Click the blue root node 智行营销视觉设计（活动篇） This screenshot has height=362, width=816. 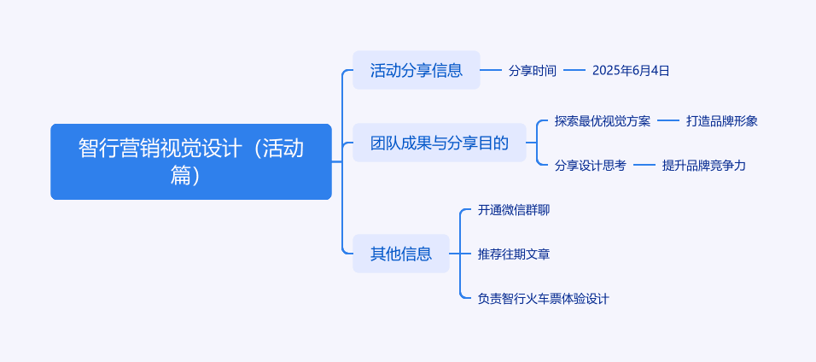[x=191, y=161]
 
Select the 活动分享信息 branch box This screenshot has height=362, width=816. [x=417, y=70]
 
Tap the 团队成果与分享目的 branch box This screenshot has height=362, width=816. [x=440, y=143]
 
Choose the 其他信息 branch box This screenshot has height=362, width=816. [x=400, y=254]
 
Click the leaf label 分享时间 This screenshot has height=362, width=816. [x=533, y=70]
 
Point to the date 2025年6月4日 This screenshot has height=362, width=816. [x=631, y=70]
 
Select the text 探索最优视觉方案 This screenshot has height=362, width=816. [x=603, y=121]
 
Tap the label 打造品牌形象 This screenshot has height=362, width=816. [x=722, y=121]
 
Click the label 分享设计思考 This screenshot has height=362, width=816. [x=590, y=166]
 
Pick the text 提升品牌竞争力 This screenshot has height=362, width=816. [x=703, y=166]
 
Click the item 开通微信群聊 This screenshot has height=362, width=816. [x=514, y=210]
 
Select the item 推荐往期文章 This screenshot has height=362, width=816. [x=514, y=254]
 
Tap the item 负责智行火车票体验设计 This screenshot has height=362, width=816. [x=544, y=299]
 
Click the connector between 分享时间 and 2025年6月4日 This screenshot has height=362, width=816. [x=574, y=70]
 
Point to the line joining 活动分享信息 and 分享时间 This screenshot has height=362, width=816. [x=491, y=70]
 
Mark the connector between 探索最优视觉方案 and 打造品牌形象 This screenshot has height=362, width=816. [x=668, y=121]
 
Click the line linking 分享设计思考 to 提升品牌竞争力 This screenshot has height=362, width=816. [x=644, y=166]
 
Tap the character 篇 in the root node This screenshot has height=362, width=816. [x=180, y=176]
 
